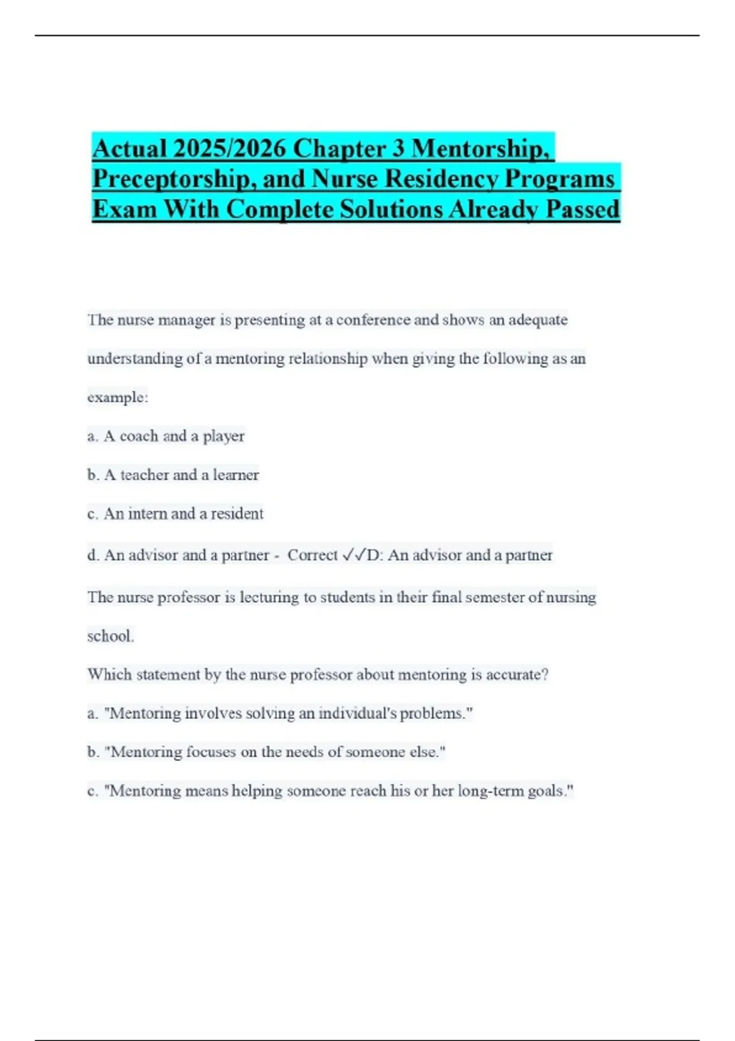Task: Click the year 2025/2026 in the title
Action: pos(229,149)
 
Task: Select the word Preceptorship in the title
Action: pos(174,179)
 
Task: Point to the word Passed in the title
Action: pos(582,210)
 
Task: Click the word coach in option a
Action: pos(139,436)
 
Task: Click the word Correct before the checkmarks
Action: pos(312,555)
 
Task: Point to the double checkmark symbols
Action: pos(353,555)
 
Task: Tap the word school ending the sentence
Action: pos(110,636)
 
